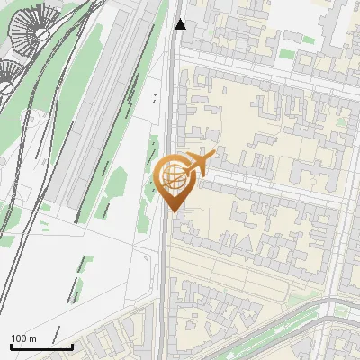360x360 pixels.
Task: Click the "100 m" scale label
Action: pos(24,337)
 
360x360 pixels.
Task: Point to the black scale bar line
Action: pos(41,346)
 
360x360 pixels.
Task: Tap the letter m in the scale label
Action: pos(33,337)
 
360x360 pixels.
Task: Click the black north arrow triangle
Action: pos(181,24)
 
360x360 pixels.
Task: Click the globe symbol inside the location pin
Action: pos(172,175)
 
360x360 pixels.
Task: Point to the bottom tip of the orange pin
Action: pos(174,211)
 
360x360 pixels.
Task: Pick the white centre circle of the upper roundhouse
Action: pos(41,33)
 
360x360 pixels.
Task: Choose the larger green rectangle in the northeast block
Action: pos(286,55)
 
